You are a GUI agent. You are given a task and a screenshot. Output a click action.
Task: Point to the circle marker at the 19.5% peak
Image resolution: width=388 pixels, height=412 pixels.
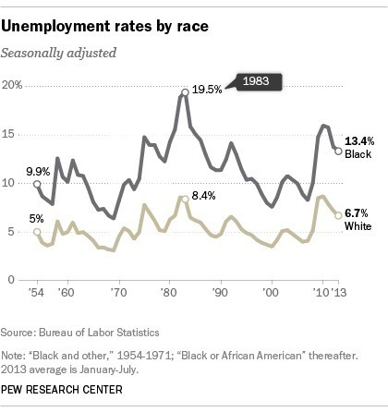pos(186,91)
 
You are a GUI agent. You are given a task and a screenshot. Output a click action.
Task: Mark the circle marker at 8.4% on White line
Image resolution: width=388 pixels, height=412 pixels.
pos(186,199)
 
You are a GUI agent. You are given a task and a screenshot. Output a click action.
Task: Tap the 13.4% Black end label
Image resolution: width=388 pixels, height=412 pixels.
pos(360,139)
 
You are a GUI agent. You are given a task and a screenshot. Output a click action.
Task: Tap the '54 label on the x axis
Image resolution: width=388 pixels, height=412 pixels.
pos(37,294)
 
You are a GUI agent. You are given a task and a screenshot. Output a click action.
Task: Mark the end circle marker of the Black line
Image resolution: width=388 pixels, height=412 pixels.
pos(338,151)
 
